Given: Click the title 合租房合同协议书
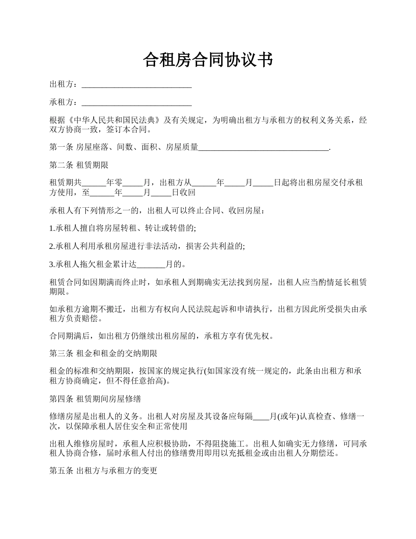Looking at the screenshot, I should tap(208, 60).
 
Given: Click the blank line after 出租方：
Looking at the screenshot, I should tap(137, 85).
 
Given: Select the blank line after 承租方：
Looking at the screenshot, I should tap(137, 103).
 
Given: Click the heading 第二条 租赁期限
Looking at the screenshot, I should tap(79, 166).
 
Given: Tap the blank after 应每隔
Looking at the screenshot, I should tap(261, 416).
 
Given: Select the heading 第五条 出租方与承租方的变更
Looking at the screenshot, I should tap(103, 472).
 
